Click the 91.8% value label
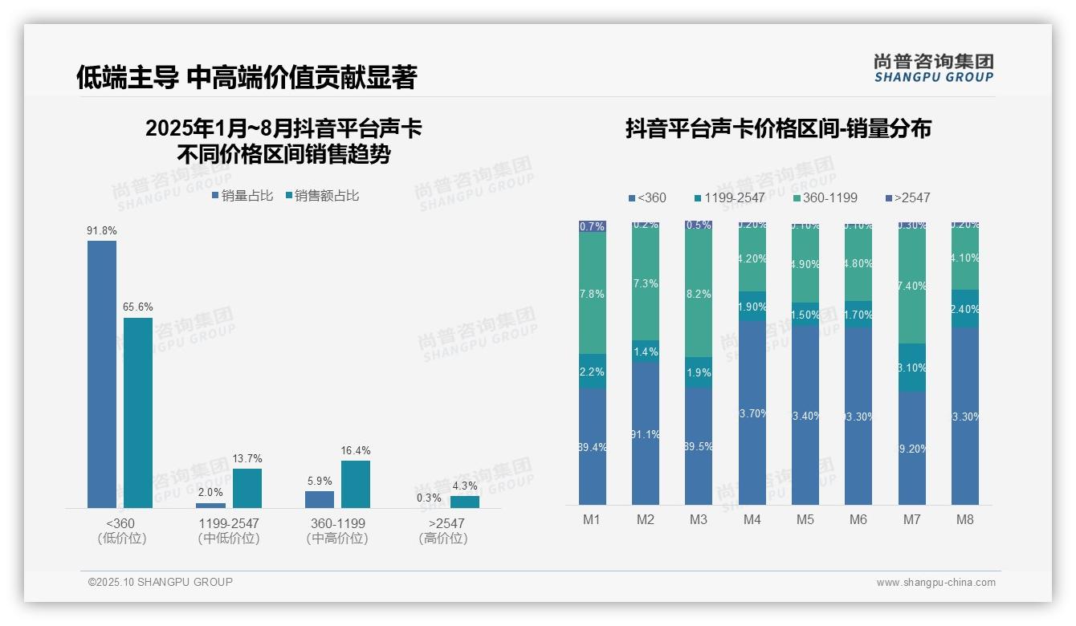(102, 231)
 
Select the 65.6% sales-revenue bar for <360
(138, 413)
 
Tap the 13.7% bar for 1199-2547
(247, 488)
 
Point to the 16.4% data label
(356, 451)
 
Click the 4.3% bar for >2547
(465, 502)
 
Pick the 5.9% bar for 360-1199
(320, 499)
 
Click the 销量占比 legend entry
(243, 196)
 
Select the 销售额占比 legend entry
(322, 196)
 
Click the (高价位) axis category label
(443, 539)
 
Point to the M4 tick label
(752, 519)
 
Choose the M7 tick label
(911, 519)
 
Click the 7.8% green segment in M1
(593, 293)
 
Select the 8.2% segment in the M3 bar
(699, 295)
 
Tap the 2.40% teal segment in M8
(965, 308)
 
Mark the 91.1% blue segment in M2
(646, 433)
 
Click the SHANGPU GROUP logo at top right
(934, 68)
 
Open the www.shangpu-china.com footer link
(935, 583)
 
